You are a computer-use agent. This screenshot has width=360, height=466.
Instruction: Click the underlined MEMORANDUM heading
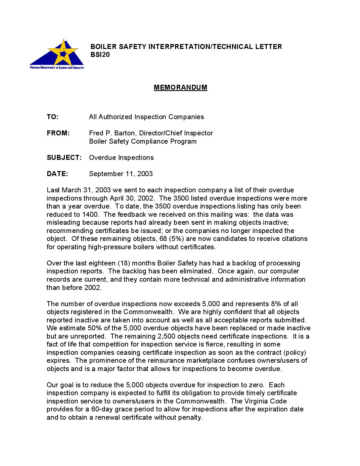click(180, 87)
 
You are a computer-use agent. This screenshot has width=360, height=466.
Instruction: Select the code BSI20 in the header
click(100, 55)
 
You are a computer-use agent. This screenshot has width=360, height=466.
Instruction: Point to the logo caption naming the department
click(57, 68)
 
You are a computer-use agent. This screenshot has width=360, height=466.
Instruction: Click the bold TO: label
click(53, 117)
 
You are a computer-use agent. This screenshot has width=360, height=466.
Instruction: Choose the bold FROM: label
click(58, 133)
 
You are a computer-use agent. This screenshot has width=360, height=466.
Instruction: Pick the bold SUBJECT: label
click(64, 158)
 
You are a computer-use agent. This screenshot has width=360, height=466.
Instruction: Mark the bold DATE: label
click(57, 174)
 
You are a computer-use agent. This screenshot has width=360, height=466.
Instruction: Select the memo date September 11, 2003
click(121, 174)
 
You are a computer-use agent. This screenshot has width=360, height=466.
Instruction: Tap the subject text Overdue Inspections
click(121, 158)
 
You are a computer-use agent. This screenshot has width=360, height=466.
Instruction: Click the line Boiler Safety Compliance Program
click(143, 141)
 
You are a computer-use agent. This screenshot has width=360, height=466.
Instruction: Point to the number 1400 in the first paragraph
click(90, 214)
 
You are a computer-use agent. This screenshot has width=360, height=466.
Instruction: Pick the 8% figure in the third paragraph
click(276, 304)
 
